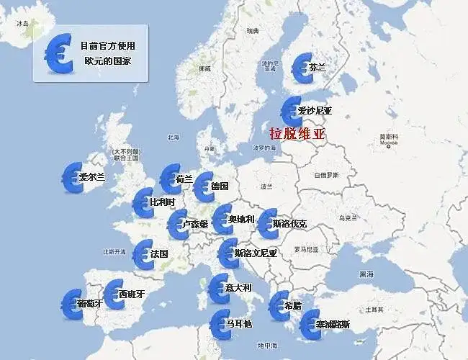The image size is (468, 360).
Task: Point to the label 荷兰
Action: [x=184, y=179]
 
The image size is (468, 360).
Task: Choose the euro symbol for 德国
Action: [x=204, y=187]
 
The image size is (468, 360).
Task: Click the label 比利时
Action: [x=162, y=202]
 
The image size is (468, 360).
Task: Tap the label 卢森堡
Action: [x=196, y=224]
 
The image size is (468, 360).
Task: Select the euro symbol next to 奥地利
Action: [x=222, y=219]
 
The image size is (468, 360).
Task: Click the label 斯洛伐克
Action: [x=289, y=224]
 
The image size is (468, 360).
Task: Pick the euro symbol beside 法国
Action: [x=143, y=254]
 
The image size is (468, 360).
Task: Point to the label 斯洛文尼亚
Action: [x=256, y=253]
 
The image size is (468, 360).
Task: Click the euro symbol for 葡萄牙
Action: [x=72, y=303]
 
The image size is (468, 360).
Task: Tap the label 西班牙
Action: [x=132, y=294]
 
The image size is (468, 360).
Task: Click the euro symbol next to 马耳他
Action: [x=220, y=325]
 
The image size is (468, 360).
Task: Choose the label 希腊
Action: [x=292, y=305]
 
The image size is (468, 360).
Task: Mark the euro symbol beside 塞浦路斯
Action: [x=310, y=325]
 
